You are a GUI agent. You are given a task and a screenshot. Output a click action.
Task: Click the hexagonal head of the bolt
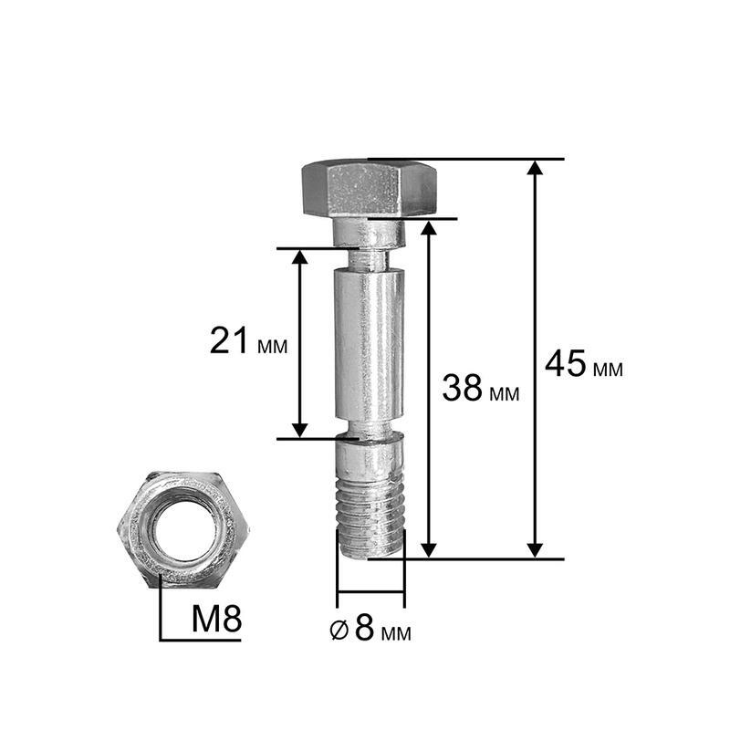click(x=370, y=189)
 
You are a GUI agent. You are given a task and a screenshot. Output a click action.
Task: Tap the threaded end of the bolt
click(x=370, y=517)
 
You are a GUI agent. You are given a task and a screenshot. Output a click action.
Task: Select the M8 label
click(x=217, y=619)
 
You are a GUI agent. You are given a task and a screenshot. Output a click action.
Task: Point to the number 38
click(x=462, y=388)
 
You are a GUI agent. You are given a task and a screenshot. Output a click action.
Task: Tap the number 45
click(x=566, y=363)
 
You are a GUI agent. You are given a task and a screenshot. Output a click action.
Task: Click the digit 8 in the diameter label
click(x=364, y=627)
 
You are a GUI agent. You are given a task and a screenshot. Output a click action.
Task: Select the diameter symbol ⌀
click(x=339, y=630)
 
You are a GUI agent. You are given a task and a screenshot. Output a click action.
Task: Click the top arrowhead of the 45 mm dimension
click(x=536, y=168)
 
